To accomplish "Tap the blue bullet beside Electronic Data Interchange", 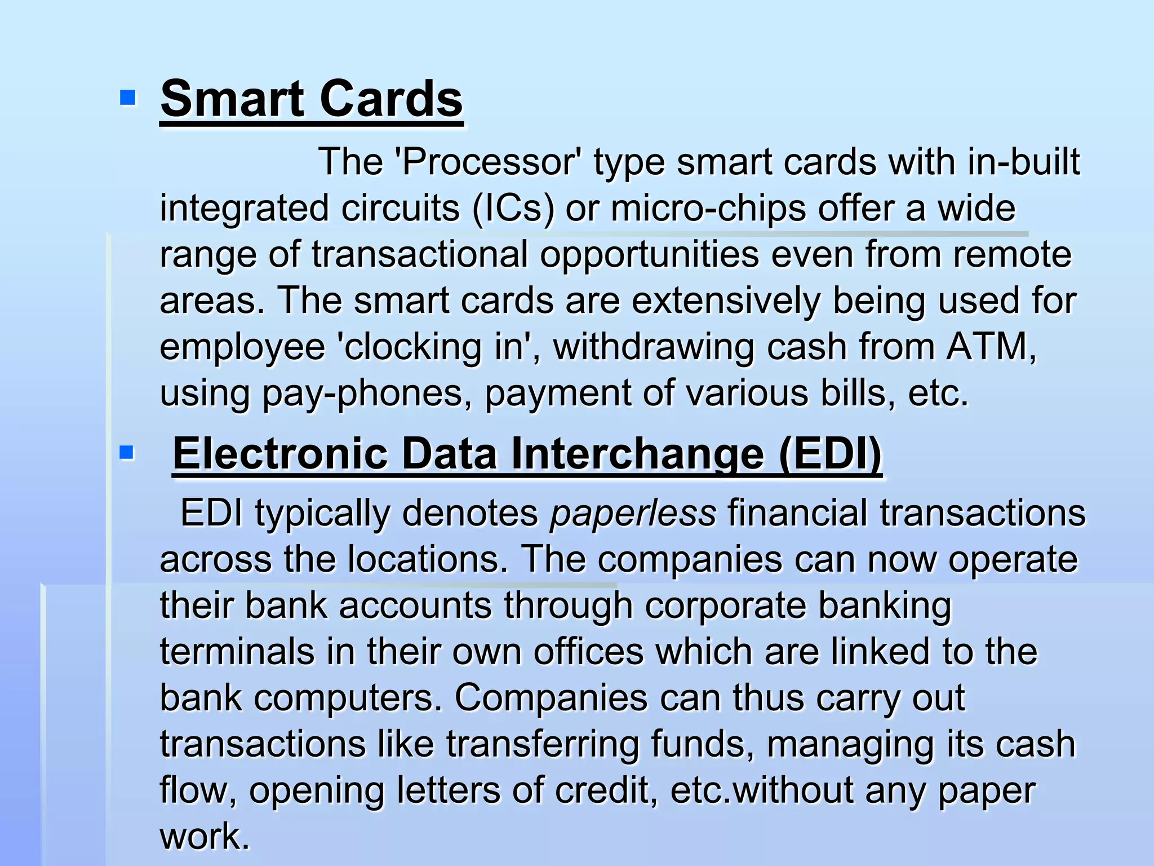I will tap(127, 452).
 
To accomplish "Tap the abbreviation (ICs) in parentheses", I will tap(513, 208).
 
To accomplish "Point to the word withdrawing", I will tap(654, 347).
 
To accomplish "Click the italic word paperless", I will tap(633, 514).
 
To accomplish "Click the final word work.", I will tap(204, 836).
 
